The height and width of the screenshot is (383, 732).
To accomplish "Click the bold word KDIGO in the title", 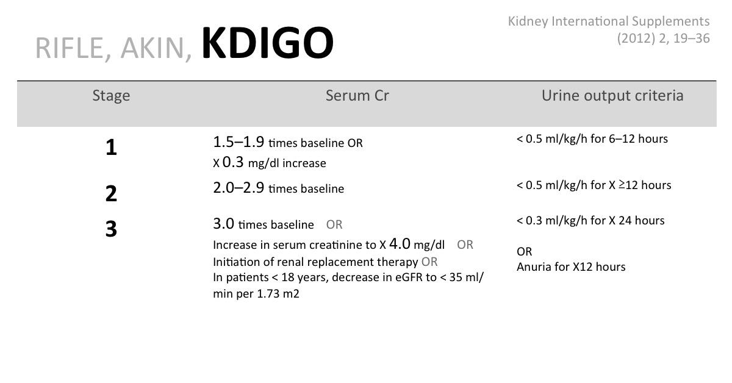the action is pyautogui.click(x=268, y=43).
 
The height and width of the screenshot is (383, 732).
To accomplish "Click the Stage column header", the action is pyautogui.click(x=111, y=96).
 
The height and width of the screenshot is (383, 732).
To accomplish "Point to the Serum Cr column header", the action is pyautogui.click(x=357, y=95).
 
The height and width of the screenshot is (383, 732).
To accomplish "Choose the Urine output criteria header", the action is pyautogui.click(x=612, y=96).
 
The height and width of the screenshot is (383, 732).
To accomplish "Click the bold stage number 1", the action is pyautogui.click(x=111, y=148).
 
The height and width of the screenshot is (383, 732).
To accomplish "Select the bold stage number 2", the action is pyautogui.click(x=111, y=193).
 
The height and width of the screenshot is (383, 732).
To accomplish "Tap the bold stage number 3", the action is pyautogui.click(x=111, y=229).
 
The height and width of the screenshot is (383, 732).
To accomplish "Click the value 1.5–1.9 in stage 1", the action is pyautogui.click(x=239, y=142).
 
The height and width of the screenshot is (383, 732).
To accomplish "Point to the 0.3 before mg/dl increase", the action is pyautogui.click(x=233, y=162).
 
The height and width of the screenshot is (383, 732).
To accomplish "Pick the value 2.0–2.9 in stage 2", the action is pyautogui.click(x=239, y=188).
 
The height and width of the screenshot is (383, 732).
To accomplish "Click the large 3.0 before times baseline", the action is pyautogui.click(x=223, y=224).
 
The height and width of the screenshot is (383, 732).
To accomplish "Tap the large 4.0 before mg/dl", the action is pyautogui.click(x=400, y=244).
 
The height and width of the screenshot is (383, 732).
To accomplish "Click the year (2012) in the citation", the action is pyautogui.click(x=636, y=38).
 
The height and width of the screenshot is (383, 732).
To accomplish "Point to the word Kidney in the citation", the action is pyautogui.click(x=528, y=21).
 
